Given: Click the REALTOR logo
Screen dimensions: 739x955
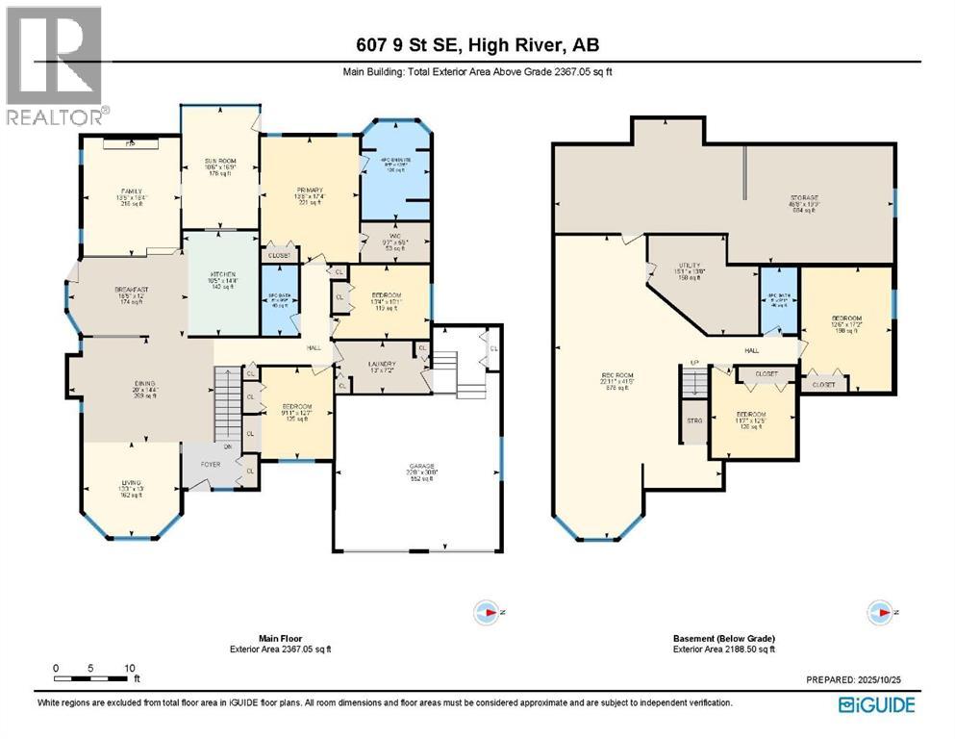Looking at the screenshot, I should pyautogui.click(x=55, y=65).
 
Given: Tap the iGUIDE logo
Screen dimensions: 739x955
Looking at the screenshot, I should pyautogui.click(x=876, y=705).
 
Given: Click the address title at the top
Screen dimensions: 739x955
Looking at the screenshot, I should pyautogui.click(x=477, y=45).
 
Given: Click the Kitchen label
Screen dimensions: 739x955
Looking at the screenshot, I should pyautogui.click(x=222, y=280).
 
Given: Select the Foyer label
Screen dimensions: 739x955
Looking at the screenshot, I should pyautogui.click(x=211, y=464).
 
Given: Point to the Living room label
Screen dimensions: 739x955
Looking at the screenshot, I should pyautogui.click(x=130, y=493).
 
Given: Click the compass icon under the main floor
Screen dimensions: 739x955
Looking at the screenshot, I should pyautogui.click(x=489, y=611).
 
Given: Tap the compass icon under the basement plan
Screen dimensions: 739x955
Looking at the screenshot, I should pyautogui.click(x=880, y=611).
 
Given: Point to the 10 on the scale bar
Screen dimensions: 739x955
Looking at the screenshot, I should pyautogui.click(x=128, y=668).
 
